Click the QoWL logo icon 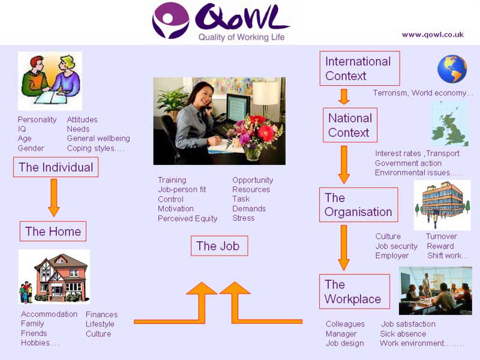click(x=170, y=20)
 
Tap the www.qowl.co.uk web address click(x=433, y=34)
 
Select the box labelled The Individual click(x=56, y=167)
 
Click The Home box click(x=53, y=232)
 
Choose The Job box click(x=218, y=246)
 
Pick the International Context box click(x=358, y=68)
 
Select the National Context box click(x=350, y=125)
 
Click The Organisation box click(x=358, y=205)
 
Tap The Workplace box click(x=353, y=292)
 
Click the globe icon click(x=452, y=69)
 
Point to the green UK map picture click(x=450, y=124)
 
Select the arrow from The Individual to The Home click(x=53, y=196)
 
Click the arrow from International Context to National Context click(x=344, y=96)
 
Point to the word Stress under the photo click(x=244, y=218)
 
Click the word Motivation click(x=176, y=209)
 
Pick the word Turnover click(x=441, y=236)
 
